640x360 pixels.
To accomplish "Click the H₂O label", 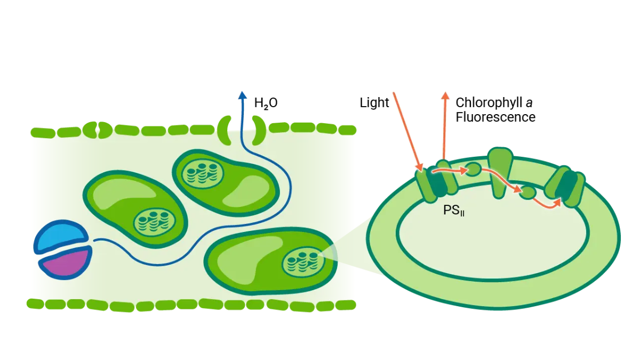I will click(x=266, y=103).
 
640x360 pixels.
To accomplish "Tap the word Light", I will click(x=374, y=102).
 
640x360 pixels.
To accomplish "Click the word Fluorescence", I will click(x=495, y=117).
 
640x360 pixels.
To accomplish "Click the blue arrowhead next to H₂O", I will click(x=243, y=95).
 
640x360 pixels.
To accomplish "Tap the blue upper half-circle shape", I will click(x=61, y=236).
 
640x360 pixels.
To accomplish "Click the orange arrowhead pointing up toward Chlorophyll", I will click(x=444, y=96).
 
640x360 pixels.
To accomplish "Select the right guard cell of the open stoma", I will click(x=260, y=130).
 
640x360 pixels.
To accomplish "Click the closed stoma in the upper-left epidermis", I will click(x=98, y=130).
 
